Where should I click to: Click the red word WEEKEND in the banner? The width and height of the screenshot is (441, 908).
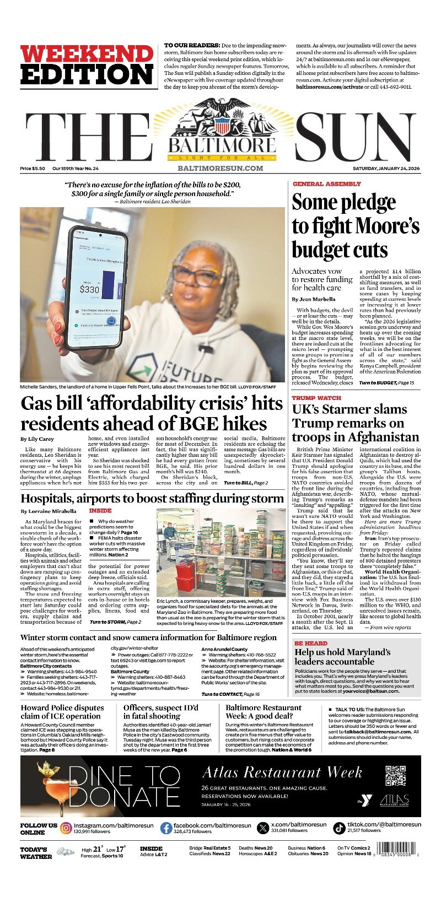(x=87, y=53)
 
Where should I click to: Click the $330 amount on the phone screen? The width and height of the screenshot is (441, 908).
(x=89, y=289)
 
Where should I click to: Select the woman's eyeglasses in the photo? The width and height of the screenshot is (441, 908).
(x=196, y=274)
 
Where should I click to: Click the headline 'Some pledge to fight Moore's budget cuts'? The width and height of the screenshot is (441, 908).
(x=355, y=226)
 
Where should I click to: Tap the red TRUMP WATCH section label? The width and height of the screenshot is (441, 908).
(x=316, y=398)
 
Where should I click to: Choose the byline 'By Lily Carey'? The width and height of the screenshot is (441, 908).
(x=37, y=439)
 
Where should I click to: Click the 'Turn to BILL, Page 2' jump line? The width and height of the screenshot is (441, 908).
(x=246, y=483)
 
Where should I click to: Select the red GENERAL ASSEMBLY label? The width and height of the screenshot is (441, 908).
(x=326, y=184)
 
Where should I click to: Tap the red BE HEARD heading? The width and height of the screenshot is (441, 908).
(x=311, y=643)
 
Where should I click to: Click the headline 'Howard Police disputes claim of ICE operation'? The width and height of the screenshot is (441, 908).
(x=62, y=712)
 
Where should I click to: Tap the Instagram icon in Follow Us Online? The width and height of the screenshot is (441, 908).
(x=66, y=828)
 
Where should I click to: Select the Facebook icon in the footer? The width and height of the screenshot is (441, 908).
(x=166, y=828)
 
